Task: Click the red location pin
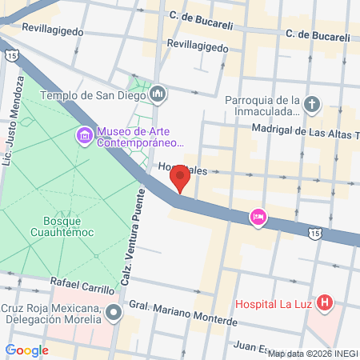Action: (181, 177)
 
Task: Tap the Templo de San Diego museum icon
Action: (158, 94)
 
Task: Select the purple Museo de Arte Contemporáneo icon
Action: (84, 136)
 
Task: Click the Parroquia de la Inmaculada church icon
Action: (312, 104)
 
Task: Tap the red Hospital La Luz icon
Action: (324, 303)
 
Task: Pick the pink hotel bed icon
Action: (258, 216)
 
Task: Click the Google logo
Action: (27, 350)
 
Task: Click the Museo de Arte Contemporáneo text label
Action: (140, 138)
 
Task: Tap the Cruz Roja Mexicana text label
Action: (53, 315)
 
